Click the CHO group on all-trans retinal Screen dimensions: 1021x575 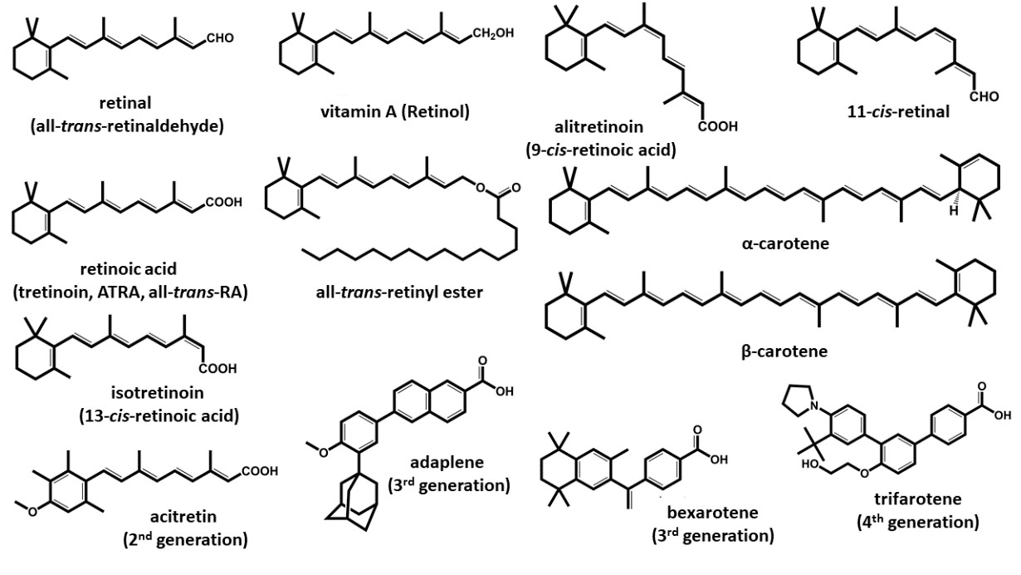pos(220,38)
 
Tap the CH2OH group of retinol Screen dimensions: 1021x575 pos(493,33)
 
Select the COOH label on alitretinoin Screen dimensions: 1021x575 pos(717,126)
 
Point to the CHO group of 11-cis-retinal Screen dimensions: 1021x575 pos(984,96)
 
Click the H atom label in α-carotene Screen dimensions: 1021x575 pos(953,211)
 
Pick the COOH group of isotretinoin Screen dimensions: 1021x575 pos(217,368)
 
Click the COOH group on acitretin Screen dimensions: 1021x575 pos(259,471)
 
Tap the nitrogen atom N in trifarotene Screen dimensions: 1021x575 pos(816,405)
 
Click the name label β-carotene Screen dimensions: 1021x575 pos(784,351)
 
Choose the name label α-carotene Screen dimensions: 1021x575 pos(785,243)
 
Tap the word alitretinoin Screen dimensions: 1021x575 pos(599,126)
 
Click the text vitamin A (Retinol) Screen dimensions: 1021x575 pos(395,112)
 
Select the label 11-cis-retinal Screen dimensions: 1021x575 pos(898,112)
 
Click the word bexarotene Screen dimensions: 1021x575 pos(713,512)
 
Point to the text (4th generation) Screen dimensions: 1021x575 pos(918,522)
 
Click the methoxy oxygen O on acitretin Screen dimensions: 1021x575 pos(32,512)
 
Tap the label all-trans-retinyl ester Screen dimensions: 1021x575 pos(399,292)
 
